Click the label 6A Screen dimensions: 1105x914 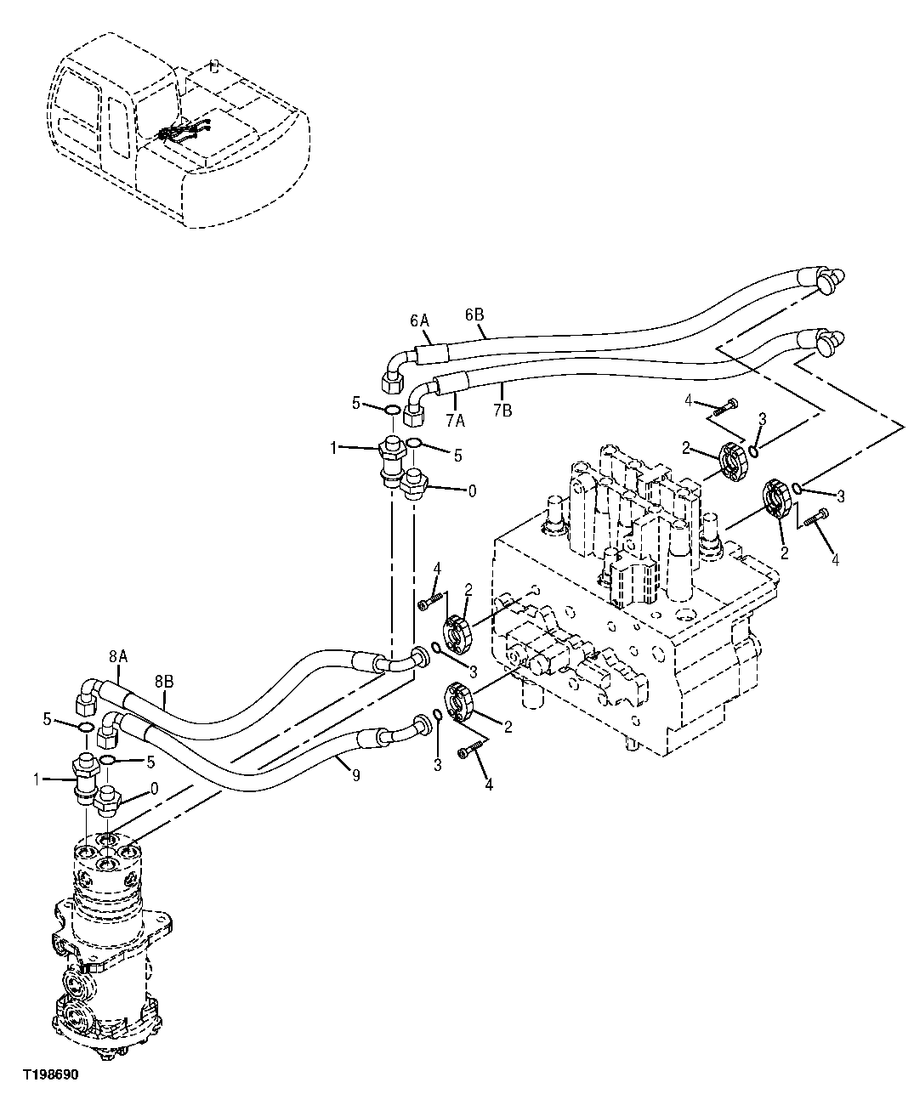pos(419,320)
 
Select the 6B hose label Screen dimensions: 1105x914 pos(474,314)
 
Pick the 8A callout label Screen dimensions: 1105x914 pos(117,656)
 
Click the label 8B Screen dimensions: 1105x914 pos(165,681)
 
